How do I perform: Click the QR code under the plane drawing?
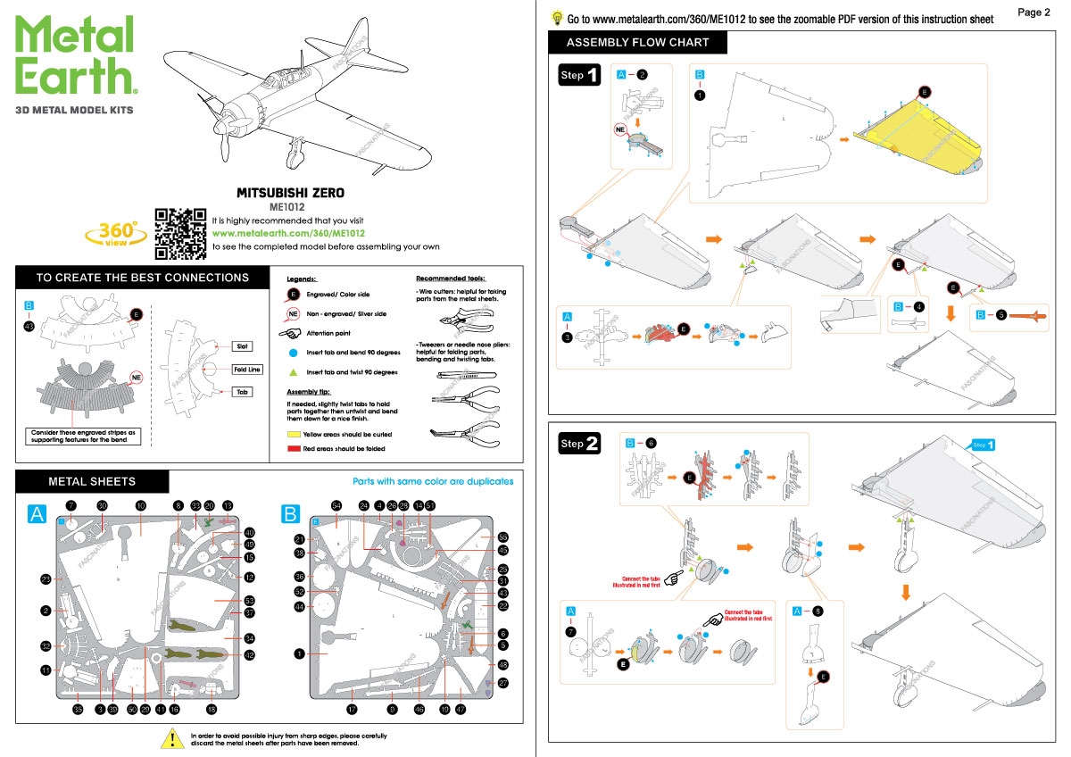[x=181, y=232]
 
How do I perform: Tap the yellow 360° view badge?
[x=115, y=234]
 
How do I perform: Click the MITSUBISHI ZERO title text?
[x=290, y=193]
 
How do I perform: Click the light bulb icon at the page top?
[x=557, y=16]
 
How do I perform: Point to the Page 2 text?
[x=1034, y=12]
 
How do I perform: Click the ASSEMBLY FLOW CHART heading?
[x=637, y=42]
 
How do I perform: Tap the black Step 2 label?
[x=580, y=444]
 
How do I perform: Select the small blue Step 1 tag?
[x=983, y=445]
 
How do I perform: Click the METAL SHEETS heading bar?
[x=92, y=482]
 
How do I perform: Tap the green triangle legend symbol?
[x=294, y=371]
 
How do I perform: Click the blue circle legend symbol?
[x=294, y=353]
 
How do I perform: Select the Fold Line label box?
[x=247, y=369]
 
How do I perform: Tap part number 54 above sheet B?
[x=336, y=505]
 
